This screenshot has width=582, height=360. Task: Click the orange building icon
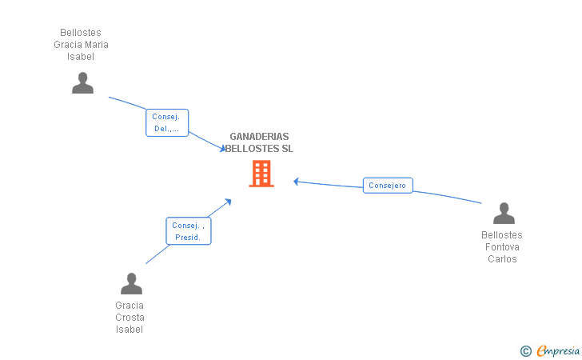click(x=261, y=174)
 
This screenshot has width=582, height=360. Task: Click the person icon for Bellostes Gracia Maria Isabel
click(x=82, y=82)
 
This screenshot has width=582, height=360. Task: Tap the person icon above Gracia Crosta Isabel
click(x=131, y=283)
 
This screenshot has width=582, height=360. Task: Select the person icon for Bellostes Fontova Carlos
click(x=504, y=214)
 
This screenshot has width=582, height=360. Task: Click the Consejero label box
click(x=388, y=186)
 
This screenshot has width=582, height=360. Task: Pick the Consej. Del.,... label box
click(x=166, y=122)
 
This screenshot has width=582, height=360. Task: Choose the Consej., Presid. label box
click(x=189, y=231)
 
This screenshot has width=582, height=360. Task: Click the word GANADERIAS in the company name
click(x=259, y=137)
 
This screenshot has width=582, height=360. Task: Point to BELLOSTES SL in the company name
click(x=259, y=149)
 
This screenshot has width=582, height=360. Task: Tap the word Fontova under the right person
click(x=502, y=247)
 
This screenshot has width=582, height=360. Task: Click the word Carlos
click(x=502, y=259)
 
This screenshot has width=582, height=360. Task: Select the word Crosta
click(x=130, y=318)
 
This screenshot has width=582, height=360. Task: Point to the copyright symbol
click(x=525, y=350)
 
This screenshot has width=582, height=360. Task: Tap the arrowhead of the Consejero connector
click(x=295, y=181)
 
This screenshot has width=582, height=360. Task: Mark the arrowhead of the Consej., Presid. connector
click(x=229, y=200)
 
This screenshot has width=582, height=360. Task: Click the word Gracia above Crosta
click(x=130, y=306)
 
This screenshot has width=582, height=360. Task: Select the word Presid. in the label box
click(x=189, y=238)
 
